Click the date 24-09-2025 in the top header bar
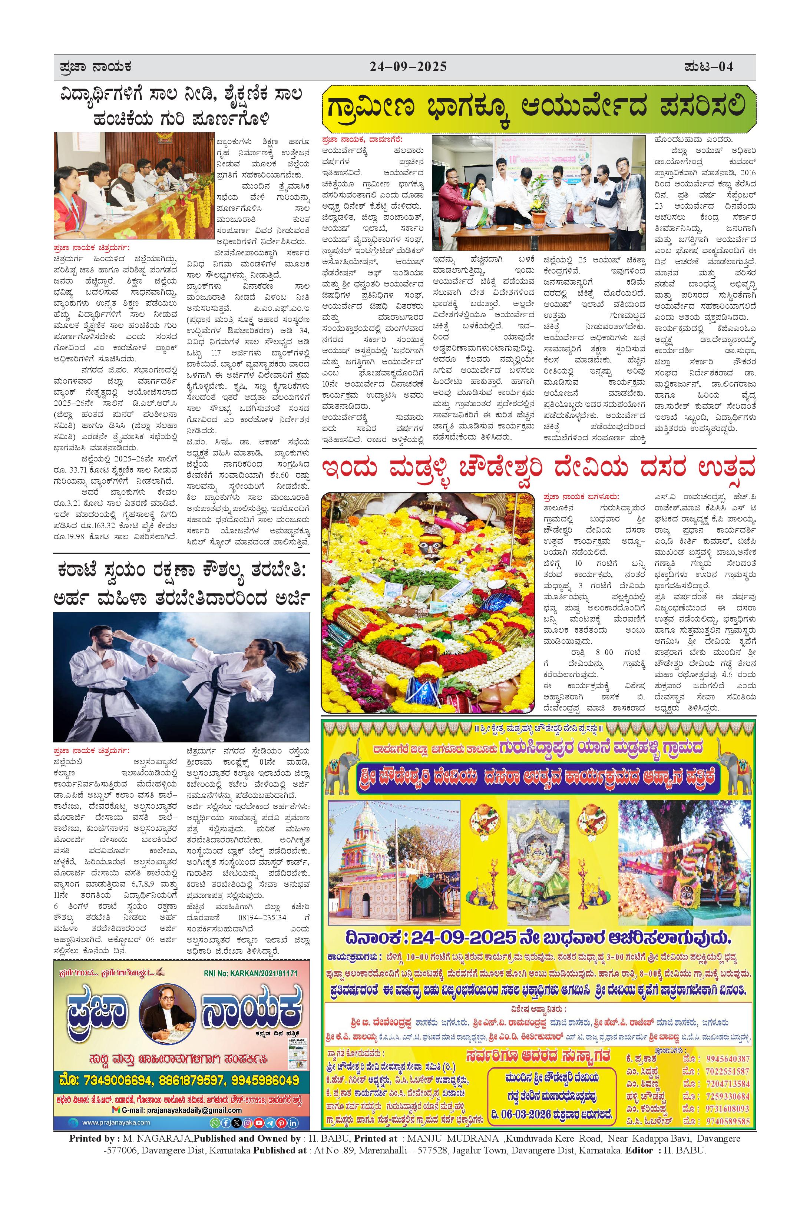(408, 67)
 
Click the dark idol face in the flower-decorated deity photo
(427, 544)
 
